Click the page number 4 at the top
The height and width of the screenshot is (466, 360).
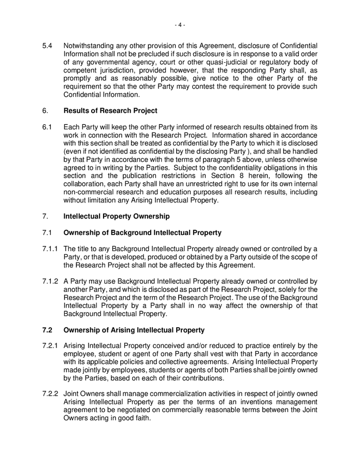click(x=180, y=24)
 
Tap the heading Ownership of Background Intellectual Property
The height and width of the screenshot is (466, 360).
click(x=142, y=232)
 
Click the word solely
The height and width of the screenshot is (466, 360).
click(x=286, y=289)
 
